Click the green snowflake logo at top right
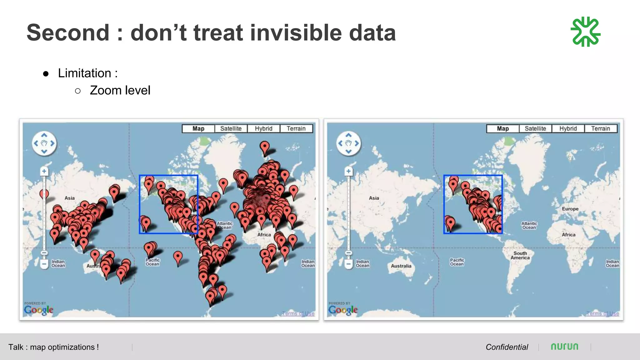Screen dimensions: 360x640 pos(585,32)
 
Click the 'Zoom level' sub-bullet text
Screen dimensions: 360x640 pos(120,90)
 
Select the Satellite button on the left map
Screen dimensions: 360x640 pos(231,128)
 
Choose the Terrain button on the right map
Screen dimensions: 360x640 pos(600,128)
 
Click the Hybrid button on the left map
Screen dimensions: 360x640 pos(263,128)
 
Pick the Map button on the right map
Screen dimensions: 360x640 pos(502,128)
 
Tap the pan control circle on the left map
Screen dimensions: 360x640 pos(44,143)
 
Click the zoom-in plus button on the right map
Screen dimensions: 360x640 pos(348,171)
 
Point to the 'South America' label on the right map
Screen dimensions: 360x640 pos(520,255)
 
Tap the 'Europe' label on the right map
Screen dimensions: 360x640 pos(570,209)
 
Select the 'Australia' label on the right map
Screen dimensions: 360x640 pos(401,266)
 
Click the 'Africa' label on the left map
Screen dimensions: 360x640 pos(264,235)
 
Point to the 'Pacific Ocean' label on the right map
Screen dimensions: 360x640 pos(457,262)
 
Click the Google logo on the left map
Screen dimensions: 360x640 pos(38,310)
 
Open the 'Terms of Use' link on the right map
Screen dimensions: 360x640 pos(602,313)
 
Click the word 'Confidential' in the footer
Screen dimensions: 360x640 pos(507,347)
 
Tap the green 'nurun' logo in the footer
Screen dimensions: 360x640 pos(564,347)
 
